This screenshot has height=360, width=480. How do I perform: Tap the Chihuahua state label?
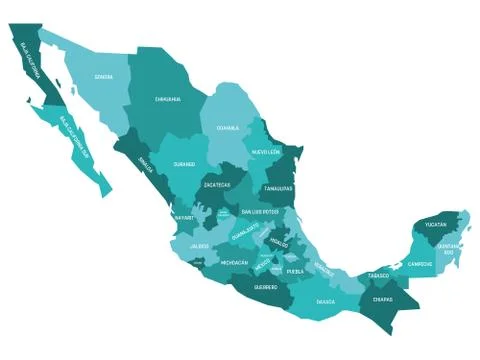pos(168,99)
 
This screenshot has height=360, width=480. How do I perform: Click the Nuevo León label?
pos(266,151)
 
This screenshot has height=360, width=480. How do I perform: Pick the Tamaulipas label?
pos(278,187)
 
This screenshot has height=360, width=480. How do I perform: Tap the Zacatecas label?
pos(217,185)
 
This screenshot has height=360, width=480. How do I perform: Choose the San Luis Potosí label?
pos(260,212)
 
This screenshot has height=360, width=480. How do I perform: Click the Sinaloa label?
pos(146,167)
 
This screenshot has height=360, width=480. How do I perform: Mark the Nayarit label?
pos(183,216)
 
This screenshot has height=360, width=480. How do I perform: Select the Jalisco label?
pos(200,244)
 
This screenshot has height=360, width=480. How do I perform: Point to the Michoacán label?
pos(234,262)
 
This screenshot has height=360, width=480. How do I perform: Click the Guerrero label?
pos(266,287)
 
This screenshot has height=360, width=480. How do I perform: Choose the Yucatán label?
pos(435,225)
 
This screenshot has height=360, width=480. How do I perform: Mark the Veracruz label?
pos(324,267)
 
